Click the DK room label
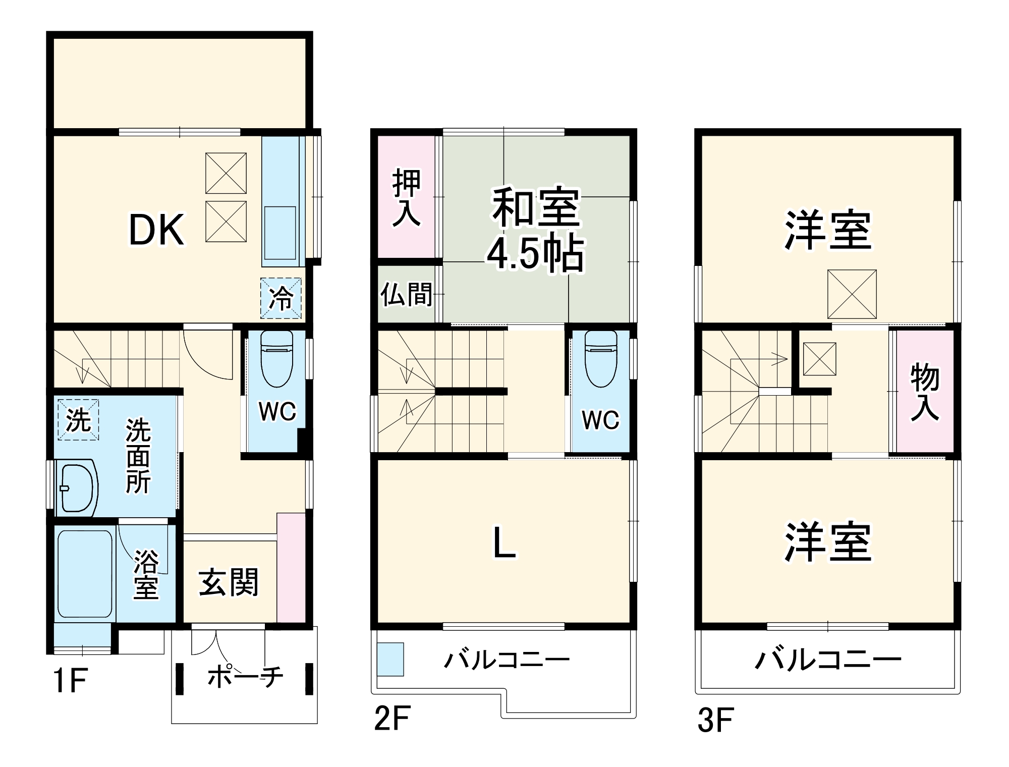coord(156,230)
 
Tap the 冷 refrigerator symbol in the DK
coord(281,298)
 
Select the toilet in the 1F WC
coord(276,358)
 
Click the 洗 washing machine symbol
coord(78,419)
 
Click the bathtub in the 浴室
coord(84,573)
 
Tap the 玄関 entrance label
coord(229,582)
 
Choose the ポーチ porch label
coord(245,676)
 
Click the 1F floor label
coord(70,680)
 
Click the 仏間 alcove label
coord(406,295)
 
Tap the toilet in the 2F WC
coord(600,358)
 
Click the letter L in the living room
coord(504,542)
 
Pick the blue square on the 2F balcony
coord(390,659)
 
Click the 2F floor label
coord(392,719)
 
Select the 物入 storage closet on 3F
coord(924,392)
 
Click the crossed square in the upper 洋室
coord(852,294)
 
